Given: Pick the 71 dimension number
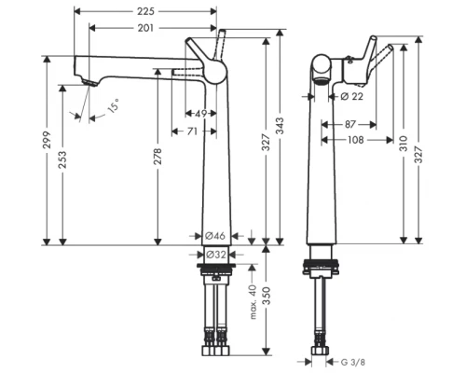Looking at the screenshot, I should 190,131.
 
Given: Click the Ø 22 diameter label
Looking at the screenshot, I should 350,97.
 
